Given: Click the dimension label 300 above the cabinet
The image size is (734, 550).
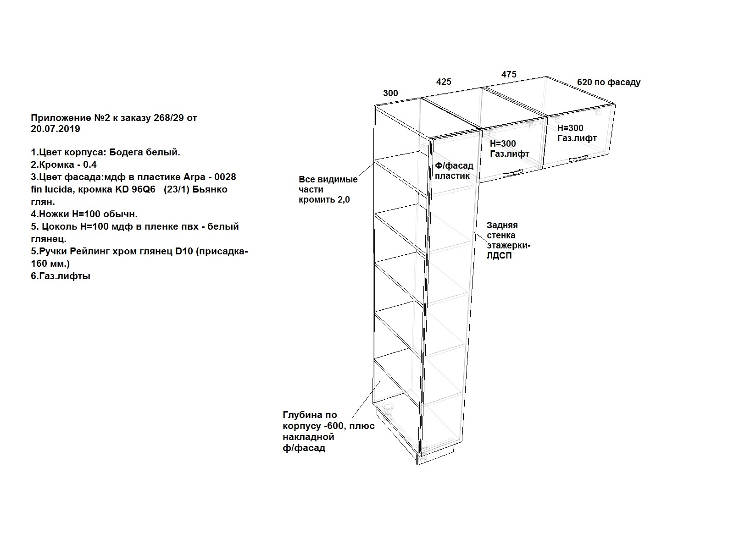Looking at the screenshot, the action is [x=390, y=93].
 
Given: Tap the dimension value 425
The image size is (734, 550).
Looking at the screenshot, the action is [x=444, y=82].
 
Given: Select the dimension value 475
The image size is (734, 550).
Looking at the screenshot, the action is [x=509, y=74].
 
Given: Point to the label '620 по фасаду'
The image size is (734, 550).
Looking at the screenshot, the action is [x=609, y=82].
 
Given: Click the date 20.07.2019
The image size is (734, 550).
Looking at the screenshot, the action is [x=56, y=129].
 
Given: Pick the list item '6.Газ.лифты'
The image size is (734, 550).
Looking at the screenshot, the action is [x=61, y=276].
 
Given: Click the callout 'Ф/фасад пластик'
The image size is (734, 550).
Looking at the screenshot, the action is [x=454, y=170].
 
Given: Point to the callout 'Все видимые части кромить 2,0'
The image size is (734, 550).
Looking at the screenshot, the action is [x=328, y=189].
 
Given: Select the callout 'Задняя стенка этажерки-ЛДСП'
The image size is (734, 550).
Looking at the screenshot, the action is [x=508, y=241].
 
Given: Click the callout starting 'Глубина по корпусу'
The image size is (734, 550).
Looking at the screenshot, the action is [x=328, y=431].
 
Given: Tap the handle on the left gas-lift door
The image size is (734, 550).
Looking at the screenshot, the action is [x=512, y=173].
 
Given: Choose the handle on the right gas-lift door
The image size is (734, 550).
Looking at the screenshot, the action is [x=578, y=158].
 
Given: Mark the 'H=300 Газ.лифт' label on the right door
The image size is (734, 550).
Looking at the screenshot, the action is [x=577, y=133].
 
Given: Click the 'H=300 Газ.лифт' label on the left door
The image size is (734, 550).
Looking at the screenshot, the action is [x=509, y=148].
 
